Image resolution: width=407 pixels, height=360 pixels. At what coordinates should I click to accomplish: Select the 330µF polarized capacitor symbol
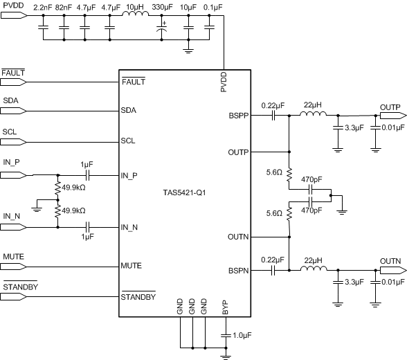pos(163,31)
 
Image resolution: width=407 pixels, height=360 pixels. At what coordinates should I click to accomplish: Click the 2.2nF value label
pos(43,9)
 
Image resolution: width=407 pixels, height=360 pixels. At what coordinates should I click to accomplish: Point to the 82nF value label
pos(64,9)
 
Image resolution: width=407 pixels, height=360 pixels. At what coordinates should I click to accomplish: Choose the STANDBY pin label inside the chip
pos(138,298)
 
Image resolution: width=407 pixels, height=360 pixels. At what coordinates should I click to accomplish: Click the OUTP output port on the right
pos(391,116)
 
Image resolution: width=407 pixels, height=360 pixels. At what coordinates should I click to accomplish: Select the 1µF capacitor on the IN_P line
pos(87,175)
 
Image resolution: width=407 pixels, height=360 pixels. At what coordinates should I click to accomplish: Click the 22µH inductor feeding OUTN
pos(312,270)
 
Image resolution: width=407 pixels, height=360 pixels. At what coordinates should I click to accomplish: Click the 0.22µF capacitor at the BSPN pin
pos(273,270)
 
